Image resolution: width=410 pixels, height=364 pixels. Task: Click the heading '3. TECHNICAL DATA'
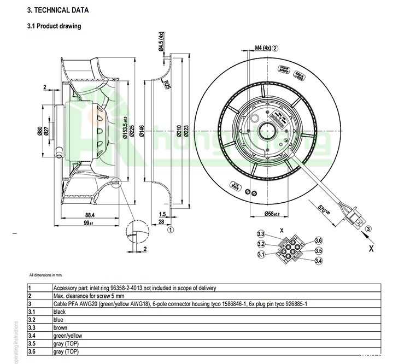pos(57,10)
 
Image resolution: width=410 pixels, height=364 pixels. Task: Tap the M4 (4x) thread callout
pos(263,48)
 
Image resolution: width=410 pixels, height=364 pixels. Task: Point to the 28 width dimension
pos(162,222)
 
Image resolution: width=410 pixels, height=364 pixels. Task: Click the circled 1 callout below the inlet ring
pos(171,230)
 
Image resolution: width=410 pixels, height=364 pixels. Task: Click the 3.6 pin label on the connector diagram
pos(319,241)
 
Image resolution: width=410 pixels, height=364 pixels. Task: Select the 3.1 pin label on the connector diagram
pos(261,254)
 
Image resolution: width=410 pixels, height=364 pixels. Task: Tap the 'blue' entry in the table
pos(58,319)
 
